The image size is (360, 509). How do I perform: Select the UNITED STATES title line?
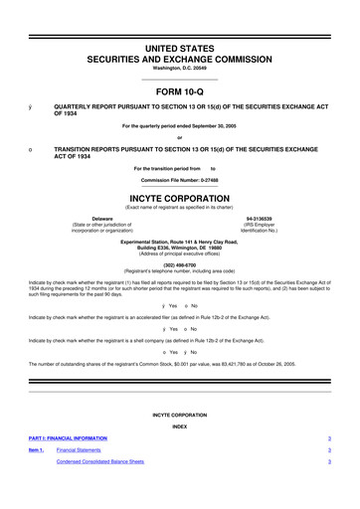pos(180,47)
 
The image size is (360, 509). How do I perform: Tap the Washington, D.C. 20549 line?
pos(179,70)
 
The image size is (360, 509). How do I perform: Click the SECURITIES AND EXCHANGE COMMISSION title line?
pos(180,59)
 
